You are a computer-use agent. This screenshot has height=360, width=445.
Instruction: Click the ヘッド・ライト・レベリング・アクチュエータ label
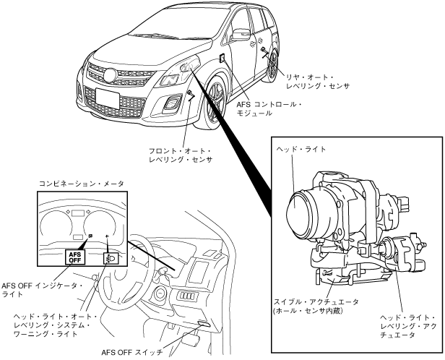pyautogui.click(x=409, y=326)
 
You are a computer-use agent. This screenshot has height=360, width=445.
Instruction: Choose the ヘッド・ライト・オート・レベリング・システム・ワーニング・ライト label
pyautogui.click(x=51, y=326)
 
